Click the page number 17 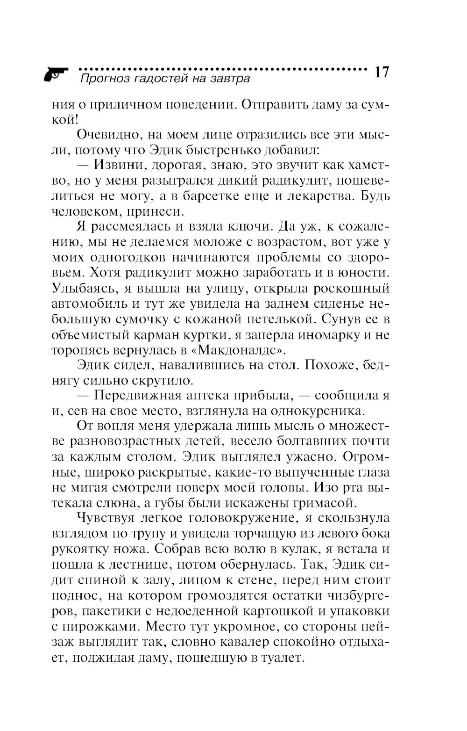coord(381,73)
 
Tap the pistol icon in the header coord(56,74)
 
